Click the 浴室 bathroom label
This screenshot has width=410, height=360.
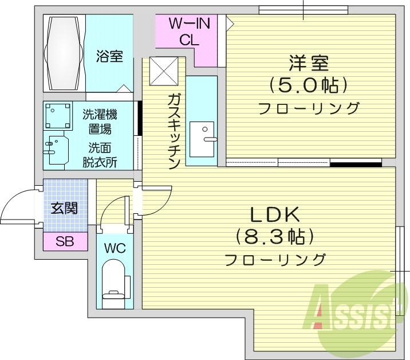coord(109,57)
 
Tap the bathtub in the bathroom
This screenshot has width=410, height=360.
coord(65,53)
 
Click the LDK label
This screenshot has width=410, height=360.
coord(274,215)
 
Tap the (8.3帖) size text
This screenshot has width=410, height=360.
coord(274,237)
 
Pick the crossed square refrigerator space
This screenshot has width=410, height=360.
coord(164,72)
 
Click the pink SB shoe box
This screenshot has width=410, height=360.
coord(65,241)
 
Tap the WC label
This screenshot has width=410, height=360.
coord(115,248)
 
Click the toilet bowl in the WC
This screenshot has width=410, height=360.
coord(115,281)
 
